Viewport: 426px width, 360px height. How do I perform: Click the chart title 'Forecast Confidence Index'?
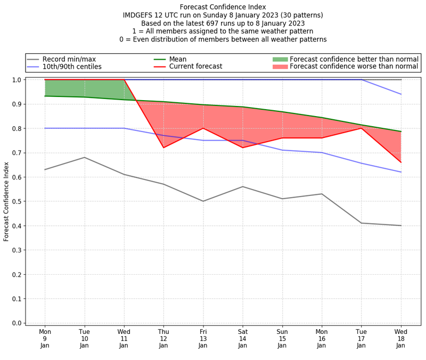click(x=223, y=7)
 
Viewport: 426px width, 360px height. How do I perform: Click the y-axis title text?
click(x=7, y=201)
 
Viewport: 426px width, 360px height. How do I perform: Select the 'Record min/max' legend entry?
click(x=69, y=59)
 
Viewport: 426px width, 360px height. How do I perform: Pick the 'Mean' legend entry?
click(x=176, y=59)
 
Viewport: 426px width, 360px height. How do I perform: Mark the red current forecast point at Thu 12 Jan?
click(x=163, y=148)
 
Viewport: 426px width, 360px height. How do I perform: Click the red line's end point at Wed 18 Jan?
click(x=400, y=162)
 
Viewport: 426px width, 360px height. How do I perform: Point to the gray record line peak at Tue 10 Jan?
click(x=85, y=157)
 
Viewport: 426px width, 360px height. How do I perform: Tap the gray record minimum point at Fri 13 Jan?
click(x=203, y=201)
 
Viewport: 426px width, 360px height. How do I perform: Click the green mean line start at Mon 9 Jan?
click(x=45, y=96)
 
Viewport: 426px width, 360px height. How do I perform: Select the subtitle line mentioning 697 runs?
click(x=223, y=23)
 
